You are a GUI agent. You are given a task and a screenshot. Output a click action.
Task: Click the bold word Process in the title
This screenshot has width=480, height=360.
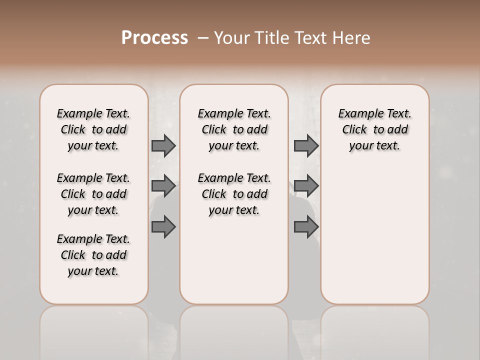click(154, 37)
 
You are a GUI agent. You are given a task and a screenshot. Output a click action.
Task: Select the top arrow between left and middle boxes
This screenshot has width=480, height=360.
click(163, 145)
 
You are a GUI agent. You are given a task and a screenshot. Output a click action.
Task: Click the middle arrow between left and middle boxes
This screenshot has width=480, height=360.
click(163, 186)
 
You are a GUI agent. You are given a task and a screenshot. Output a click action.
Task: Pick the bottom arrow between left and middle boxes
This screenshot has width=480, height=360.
click(163, 227)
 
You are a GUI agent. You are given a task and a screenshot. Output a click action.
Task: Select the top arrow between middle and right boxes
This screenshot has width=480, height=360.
click(306, 145)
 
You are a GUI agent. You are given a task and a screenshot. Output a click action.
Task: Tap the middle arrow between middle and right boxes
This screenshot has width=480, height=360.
click(306, 186)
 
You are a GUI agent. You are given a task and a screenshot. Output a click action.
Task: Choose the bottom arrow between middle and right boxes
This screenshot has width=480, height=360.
click(306, 227)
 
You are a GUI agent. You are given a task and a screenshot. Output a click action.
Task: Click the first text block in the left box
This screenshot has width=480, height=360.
click(93, 129)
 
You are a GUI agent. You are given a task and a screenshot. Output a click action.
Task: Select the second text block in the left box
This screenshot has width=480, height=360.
click(93, 194)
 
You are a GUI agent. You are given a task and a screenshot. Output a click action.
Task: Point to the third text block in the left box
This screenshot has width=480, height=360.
click(93, 255)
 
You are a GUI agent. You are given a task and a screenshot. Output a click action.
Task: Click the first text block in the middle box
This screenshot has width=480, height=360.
click(234, 129)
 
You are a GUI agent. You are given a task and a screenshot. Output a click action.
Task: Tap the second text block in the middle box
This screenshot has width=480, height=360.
click(234, 194)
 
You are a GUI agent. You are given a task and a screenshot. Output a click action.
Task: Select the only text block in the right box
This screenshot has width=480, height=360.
click(375, 129)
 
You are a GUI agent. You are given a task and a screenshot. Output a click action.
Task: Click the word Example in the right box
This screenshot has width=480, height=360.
click(356, 114)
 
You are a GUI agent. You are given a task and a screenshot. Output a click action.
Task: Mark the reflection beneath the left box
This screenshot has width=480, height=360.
click(94, 330)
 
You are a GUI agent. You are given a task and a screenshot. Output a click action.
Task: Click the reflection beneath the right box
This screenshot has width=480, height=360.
click(375, 330)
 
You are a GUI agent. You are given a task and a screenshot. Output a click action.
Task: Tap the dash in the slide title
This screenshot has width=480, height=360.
click(203, 38)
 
